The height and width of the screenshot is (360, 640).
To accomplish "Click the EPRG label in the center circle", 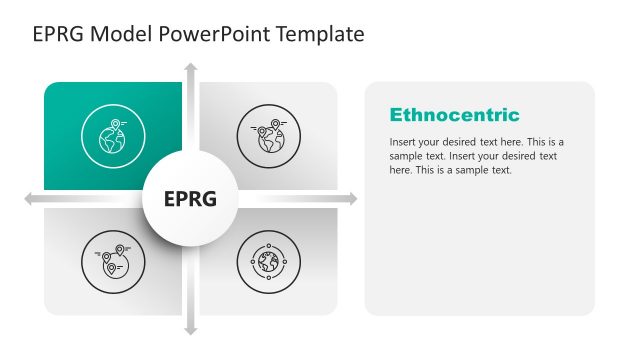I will [x=190, y=199].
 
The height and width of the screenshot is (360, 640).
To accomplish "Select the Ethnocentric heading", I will [x=454, y=115].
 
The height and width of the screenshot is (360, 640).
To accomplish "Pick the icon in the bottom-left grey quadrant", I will [x=113, y=262].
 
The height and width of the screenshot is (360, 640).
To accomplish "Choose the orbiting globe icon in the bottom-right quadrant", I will [x=268, y=262].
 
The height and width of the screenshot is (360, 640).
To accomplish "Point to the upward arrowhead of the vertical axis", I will [x=190, y=68].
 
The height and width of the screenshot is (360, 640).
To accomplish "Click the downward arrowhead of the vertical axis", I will [x=190, y=329].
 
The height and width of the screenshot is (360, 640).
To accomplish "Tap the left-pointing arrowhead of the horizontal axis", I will [x=30, y=199].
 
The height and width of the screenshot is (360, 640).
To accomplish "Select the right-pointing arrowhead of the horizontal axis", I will [x=350, y=199].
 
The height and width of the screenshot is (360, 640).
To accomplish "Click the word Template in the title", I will [x=316, y=35].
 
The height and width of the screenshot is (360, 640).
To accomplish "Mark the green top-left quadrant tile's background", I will [x=70, y=100].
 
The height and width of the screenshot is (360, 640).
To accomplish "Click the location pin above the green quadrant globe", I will [x=117, y=125].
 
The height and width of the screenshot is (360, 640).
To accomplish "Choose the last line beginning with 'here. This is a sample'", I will [x=450, y=170].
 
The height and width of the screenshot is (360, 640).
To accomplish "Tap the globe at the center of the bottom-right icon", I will [x=268, y=263].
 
